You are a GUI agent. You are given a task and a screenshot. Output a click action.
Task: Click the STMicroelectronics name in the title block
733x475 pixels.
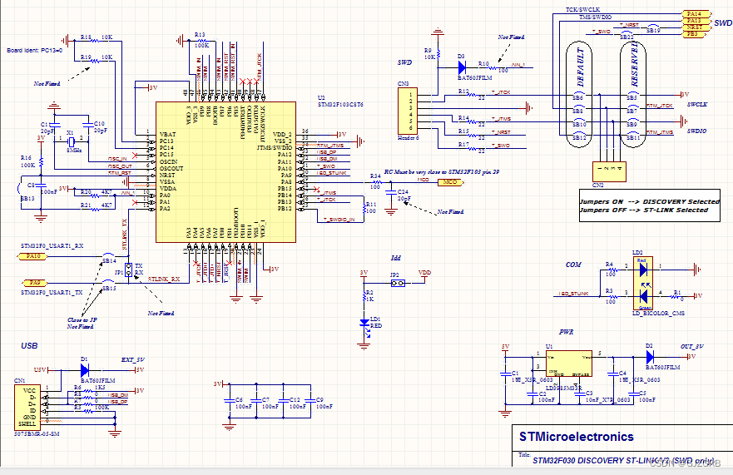click(x=576, y=437)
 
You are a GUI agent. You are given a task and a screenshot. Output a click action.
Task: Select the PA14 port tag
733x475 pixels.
click(x=693, y=14)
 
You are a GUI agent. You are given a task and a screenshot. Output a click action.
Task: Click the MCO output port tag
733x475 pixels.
click(x=449, y=181)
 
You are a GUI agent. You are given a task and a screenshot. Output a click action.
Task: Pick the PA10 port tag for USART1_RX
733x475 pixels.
click(x=33, y=257)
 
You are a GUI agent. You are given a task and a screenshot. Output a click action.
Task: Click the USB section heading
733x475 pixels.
click(x=28, y=344)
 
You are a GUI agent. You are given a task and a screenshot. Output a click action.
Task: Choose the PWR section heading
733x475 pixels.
click(x=567, y=330)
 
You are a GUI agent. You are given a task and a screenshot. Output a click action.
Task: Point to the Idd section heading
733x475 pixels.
click(x=396, y=258)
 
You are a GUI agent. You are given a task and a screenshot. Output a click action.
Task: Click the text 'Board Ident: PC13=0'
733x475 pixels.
click(x=35, y=49)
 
